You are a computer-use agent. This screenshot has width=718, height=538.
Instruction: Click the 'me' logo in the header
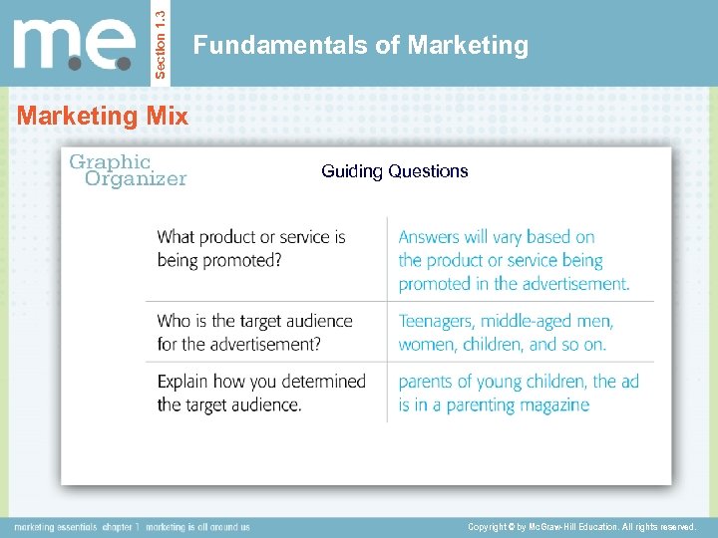click(74, 45)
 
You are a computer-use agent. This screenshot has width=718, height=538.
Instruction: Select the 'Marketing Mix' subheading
click(102, 116)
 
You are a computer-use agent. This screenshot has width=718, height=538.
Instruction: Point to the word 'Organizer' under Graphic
click(136, 179)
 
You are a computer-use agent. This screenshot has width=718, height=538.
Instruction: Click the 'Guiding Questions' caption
click(394, 171)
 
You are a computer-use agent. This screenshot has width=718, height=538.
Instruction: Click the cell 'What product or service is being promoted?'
click(251, 248)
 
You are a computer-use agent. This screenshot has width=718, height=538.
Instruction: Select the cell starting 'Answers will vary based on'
click(514, 260)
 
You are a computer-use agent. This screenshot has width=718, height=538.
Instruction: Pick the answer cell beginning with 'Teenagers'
click(506, 333)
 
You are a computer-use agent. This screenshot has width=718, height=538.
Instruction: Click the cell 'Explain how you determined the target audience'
click(261, 393)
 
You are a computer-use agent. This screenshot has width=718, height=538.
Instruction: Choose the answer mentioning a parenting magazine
click(519, 393)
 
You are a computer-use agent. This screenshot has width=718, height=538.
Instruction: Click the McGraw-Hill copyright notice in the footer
click(580, 526)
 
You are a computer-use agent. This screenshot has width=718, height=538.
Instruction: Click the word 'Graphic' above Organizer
click(109, 161)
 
